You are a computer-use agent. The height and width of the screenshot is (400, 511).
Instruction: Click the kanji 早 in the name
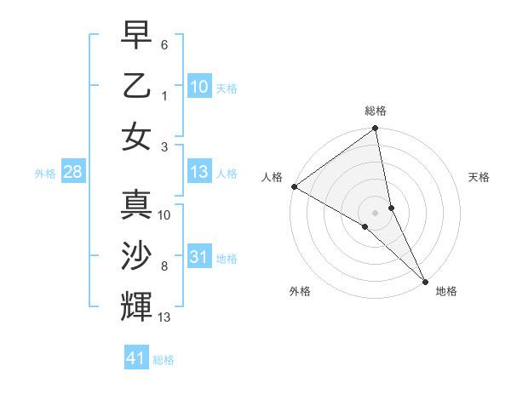[136, 37]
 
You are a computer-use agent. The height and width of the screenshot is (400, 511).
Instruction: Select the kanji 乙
[136, 85]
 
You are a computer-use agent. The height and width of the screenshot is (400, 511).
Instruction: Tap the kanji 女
[136, 135]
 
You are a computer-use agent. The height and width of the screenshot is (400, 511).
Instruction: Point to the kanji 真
[136, 205]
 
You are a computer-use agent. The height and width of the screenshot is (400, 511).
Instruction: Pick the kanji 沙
[136, 255]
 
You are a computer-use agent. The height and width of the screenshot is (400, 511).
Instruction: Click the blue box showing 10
[199, 86]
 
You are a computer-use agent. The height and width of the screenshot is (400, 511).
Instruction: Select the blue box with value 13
[199, 172]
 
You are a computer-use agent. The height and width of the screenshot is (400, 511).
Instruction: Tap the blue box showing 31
[199, 257]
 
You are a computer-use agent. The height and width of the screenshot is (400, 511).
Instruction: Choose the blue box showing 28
[72, 172]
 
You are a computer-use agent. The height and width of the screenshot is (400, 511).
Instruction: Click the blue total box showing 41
[136, 358]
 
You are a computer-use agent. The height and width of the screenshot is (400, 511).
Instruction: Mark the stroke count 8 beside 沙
[164, 266]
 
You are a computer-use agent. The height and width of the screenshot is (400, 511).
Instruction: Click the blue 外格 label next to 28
[45, 174]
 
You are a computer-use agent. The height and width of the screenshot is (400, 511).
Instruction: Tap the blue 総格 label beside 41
[164, 360]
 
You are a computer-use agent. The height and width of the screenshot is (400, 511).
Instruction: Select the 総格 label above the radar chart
[376, 111]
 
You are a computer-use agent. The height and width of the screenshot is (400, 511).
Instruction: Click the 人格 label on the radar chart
[273, 177]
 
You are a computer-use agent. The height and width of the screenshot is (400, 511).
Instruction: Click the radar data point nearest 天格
[392, 207]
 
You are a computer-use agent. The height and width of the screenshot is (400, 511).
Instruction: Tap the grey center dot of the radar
[376, 212]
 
